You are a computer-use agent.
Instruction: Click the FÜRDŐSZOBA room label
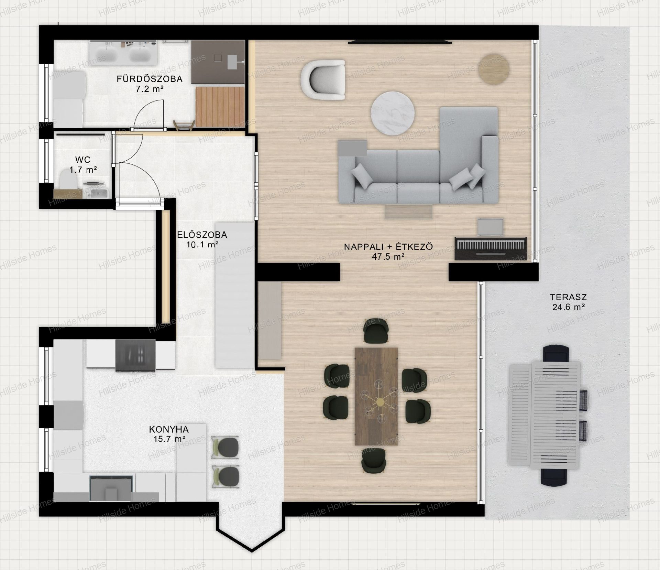(x=150, y=79)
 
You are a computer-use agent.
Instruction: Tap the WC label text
(x=83, y=160)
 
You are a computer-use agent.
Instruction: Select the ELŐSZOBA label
(x=202, y=235)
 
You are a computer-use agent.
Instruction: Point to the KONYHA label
(x=169, y=429)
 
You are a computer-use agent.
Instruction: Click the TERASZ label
(x=568, y=297)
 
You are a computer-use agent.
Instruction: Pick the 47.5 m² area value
(x=388, y=256)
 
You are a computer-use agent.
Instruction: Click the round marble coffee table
(x=393, y=112)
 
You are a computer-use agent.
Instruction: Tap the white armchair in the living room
(x=323, y=80)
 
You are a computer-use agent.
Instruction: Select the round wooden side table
(x=494, y=69)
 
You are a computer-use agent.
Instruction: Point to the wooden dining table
(x=376, y=396)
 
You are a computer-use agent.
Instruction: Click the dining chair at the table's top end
(x=376, y=331)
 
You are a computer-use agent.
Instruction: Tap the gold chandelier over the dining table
(x=380, y=401)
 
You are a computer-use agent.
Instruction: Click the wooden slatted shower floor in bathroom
(x=220, y=107)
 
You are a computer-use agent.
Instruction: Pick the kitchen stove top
(x=136, y=355)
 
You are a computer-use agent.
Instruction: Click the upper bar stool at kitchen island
(x=225, y=448)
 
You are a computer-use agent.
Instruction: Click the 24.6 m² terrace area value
(x=569, y=307)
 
